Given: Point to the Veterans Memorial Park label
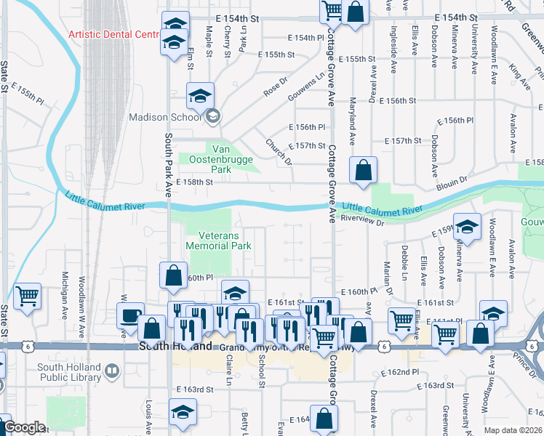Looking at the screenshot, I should click(x=219, y=240).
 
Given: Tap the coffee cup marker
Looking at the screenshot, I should click(x=130, y=316).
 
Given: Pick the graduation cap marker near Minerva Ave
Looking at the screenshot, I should click(x=467, y=227).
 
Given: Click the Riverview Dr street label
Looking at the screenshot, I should click(x=361, y=217).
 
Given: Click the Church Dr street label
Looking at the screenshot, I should click(x=278, y=152).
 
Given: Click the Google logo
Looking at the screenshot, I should click(x=24, y=427).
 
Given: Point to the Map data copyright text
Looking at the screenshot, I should click(x=513, y=430).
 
